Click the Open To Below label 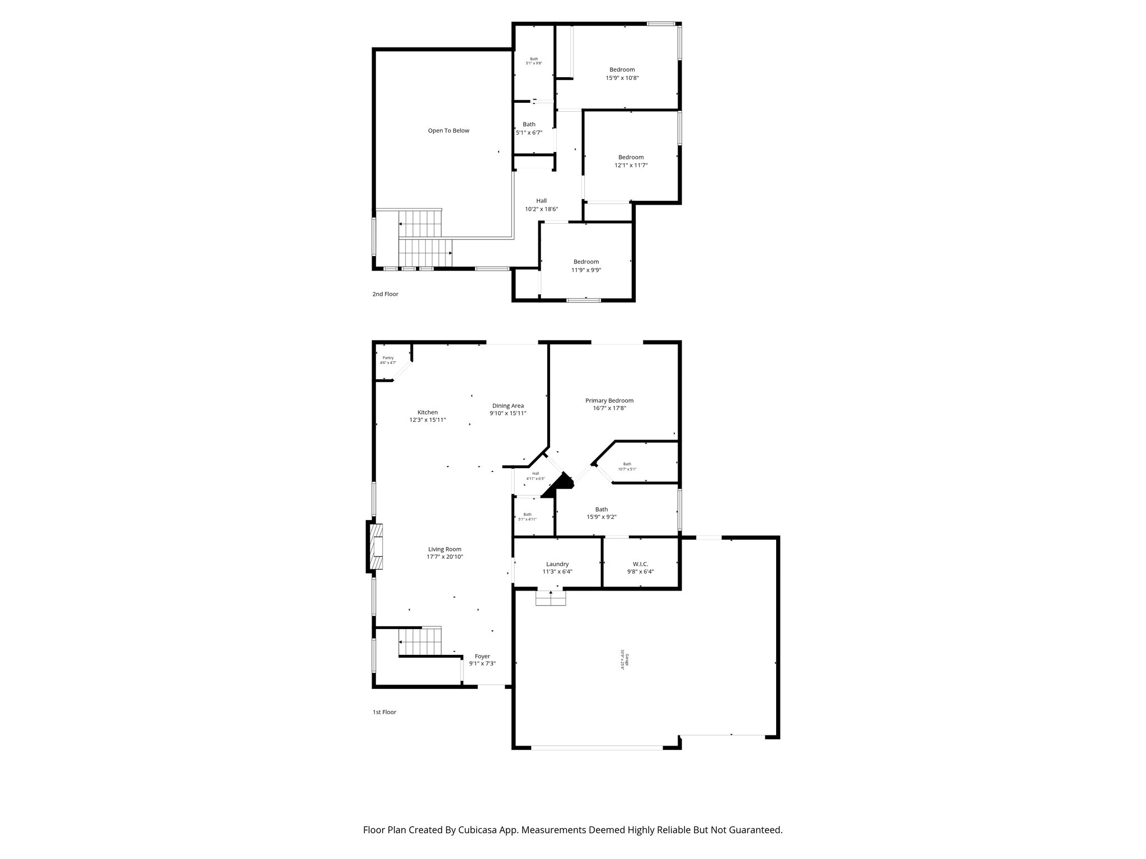[x=448, y=131]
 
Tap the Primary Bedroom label [x=609, y=400]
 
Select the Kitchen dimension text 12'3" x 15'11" [x=428, y=419]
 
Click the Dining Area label [x=508, y=406]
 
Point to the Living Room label [x=445, y=549]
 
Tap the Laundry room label [x=557, y=564]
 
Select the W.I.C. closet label [x=640, y=564]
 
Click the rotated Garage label [x=627, y=660]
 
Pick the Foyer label [x=482, y=657]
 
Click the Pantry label [x=388, y=358]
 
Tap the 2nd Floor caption [x=385, y=294]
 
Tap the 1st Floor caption [x=384, y=712]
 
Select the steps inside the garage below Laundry [x=551, y=598]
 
